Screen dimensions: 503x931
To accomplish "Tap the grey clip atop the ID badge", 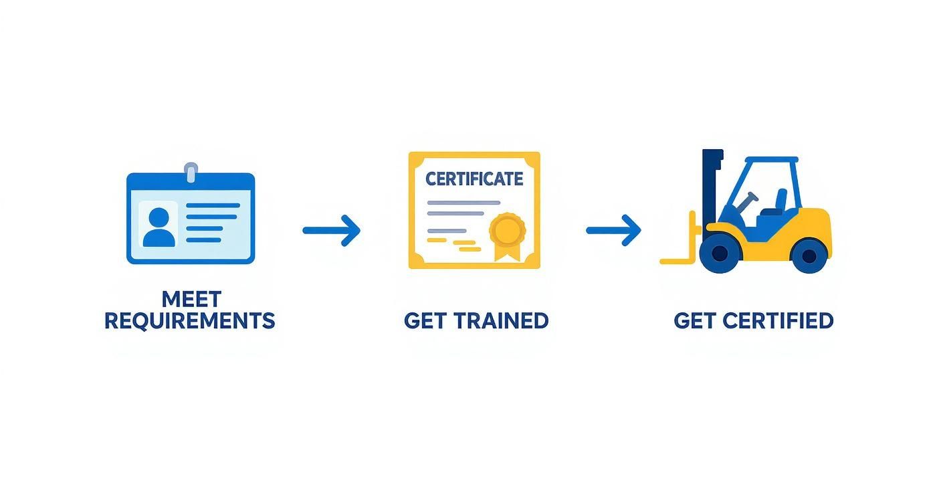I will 191,172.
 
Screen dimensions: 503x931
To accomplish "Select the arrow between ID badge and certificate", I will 332,230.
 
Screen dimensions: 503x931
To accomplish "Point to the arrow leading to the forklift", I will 614,230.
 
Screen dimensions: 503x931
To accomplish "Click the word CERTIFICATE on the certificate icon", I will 474,179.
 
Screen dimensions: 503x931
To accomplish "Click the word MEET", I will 191,298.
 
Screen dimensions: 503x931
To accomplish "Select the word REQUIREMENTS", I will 190,321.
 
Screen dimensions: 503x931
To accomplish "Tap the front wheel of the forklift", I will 719,254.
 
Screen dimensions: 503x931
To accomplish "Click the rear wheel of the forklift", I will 809,255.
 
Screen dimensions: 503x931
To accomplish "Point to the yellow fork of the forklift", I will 679,260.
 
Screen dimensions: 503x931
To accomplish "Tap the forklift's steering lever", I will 748,198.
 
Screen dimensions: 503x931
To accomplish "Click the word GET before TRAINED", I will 426,321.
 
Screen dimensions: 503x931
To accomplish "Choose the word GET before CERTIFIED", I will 696,321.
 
